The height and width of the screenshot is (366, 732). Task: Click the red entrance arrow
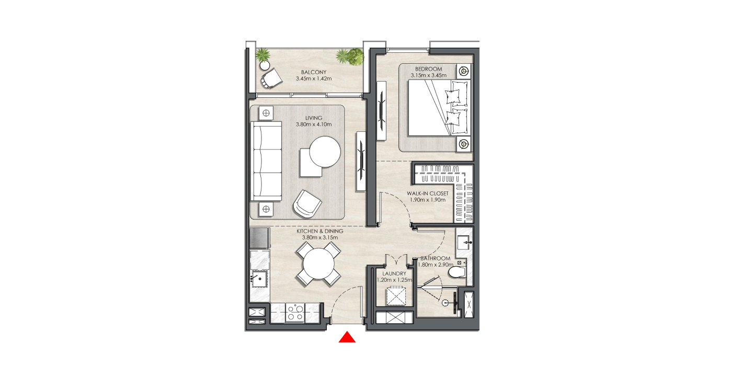tap(347, 338)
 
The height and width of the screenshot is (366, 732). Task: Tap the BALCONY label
tap(314, 72)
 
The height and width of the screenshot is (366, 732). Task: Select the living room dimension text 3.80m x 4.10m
tap(314, 124)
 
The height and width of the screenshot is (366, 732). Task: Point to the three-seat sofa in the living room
tap(266, 161)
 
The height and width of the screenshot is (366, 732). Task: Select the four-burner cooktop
tap(295, 313)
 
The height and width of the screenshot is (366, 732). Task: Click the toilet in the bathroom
tap(457, 272)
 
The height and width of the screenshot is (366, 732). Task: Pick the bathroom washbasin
tap(464, 242)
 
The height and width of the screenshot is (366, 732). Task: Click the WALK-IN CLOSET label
tap(428, 193)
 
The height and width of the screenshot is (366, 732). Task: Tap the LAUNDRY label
tap(394, 273)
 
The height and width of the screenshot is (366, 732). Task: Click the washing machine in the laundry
tap(396, 296)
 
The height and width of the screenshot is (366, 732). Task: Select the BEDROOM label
tap(428, 69)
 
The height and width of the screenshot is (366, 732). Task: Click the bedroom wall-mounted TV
tap(381, 111)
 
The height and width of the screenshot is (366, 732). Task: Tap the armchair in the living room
tap(307, 204)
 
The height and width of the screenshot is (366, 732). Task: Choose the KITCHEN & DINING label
tap(320, 231)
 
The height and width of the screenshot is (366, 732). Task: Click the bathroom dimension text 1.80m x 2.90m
tap(436, 265)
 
